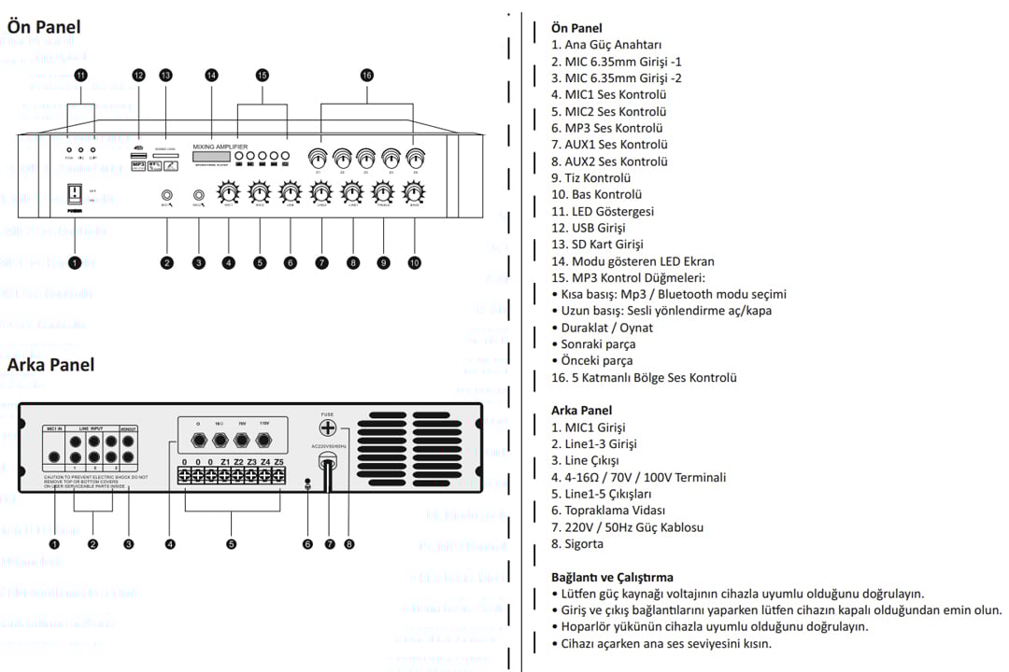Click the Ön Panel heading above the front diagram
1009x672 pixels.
point(44,27)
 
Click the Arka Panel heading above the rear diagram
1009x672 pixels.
point(50,364)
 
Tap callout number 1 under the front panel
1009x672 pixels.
point(75,263)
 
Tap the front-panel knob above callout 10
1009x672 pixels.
point(413,193)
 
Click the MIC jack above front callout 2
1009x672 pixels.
point(166,196)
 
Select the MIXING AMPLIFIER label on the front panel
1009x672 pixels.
point(220,147)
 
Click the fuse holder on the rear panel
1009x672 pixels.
point(328,428)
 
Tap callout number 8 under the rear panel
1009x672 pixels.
point(349,543)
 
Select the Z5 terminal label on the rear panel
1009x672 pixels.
point(278,461)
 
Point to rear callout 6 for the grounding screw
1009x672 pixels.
point(307,543)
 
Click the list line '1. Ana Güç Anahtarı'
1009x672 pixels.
point(606,45)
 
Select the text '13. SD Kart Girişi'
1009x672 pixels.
point(597,245)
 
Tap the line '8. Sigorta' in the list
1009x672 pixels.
point(577,544)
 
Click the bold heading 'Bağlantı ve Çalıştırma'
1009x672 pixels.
point(612,577)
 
